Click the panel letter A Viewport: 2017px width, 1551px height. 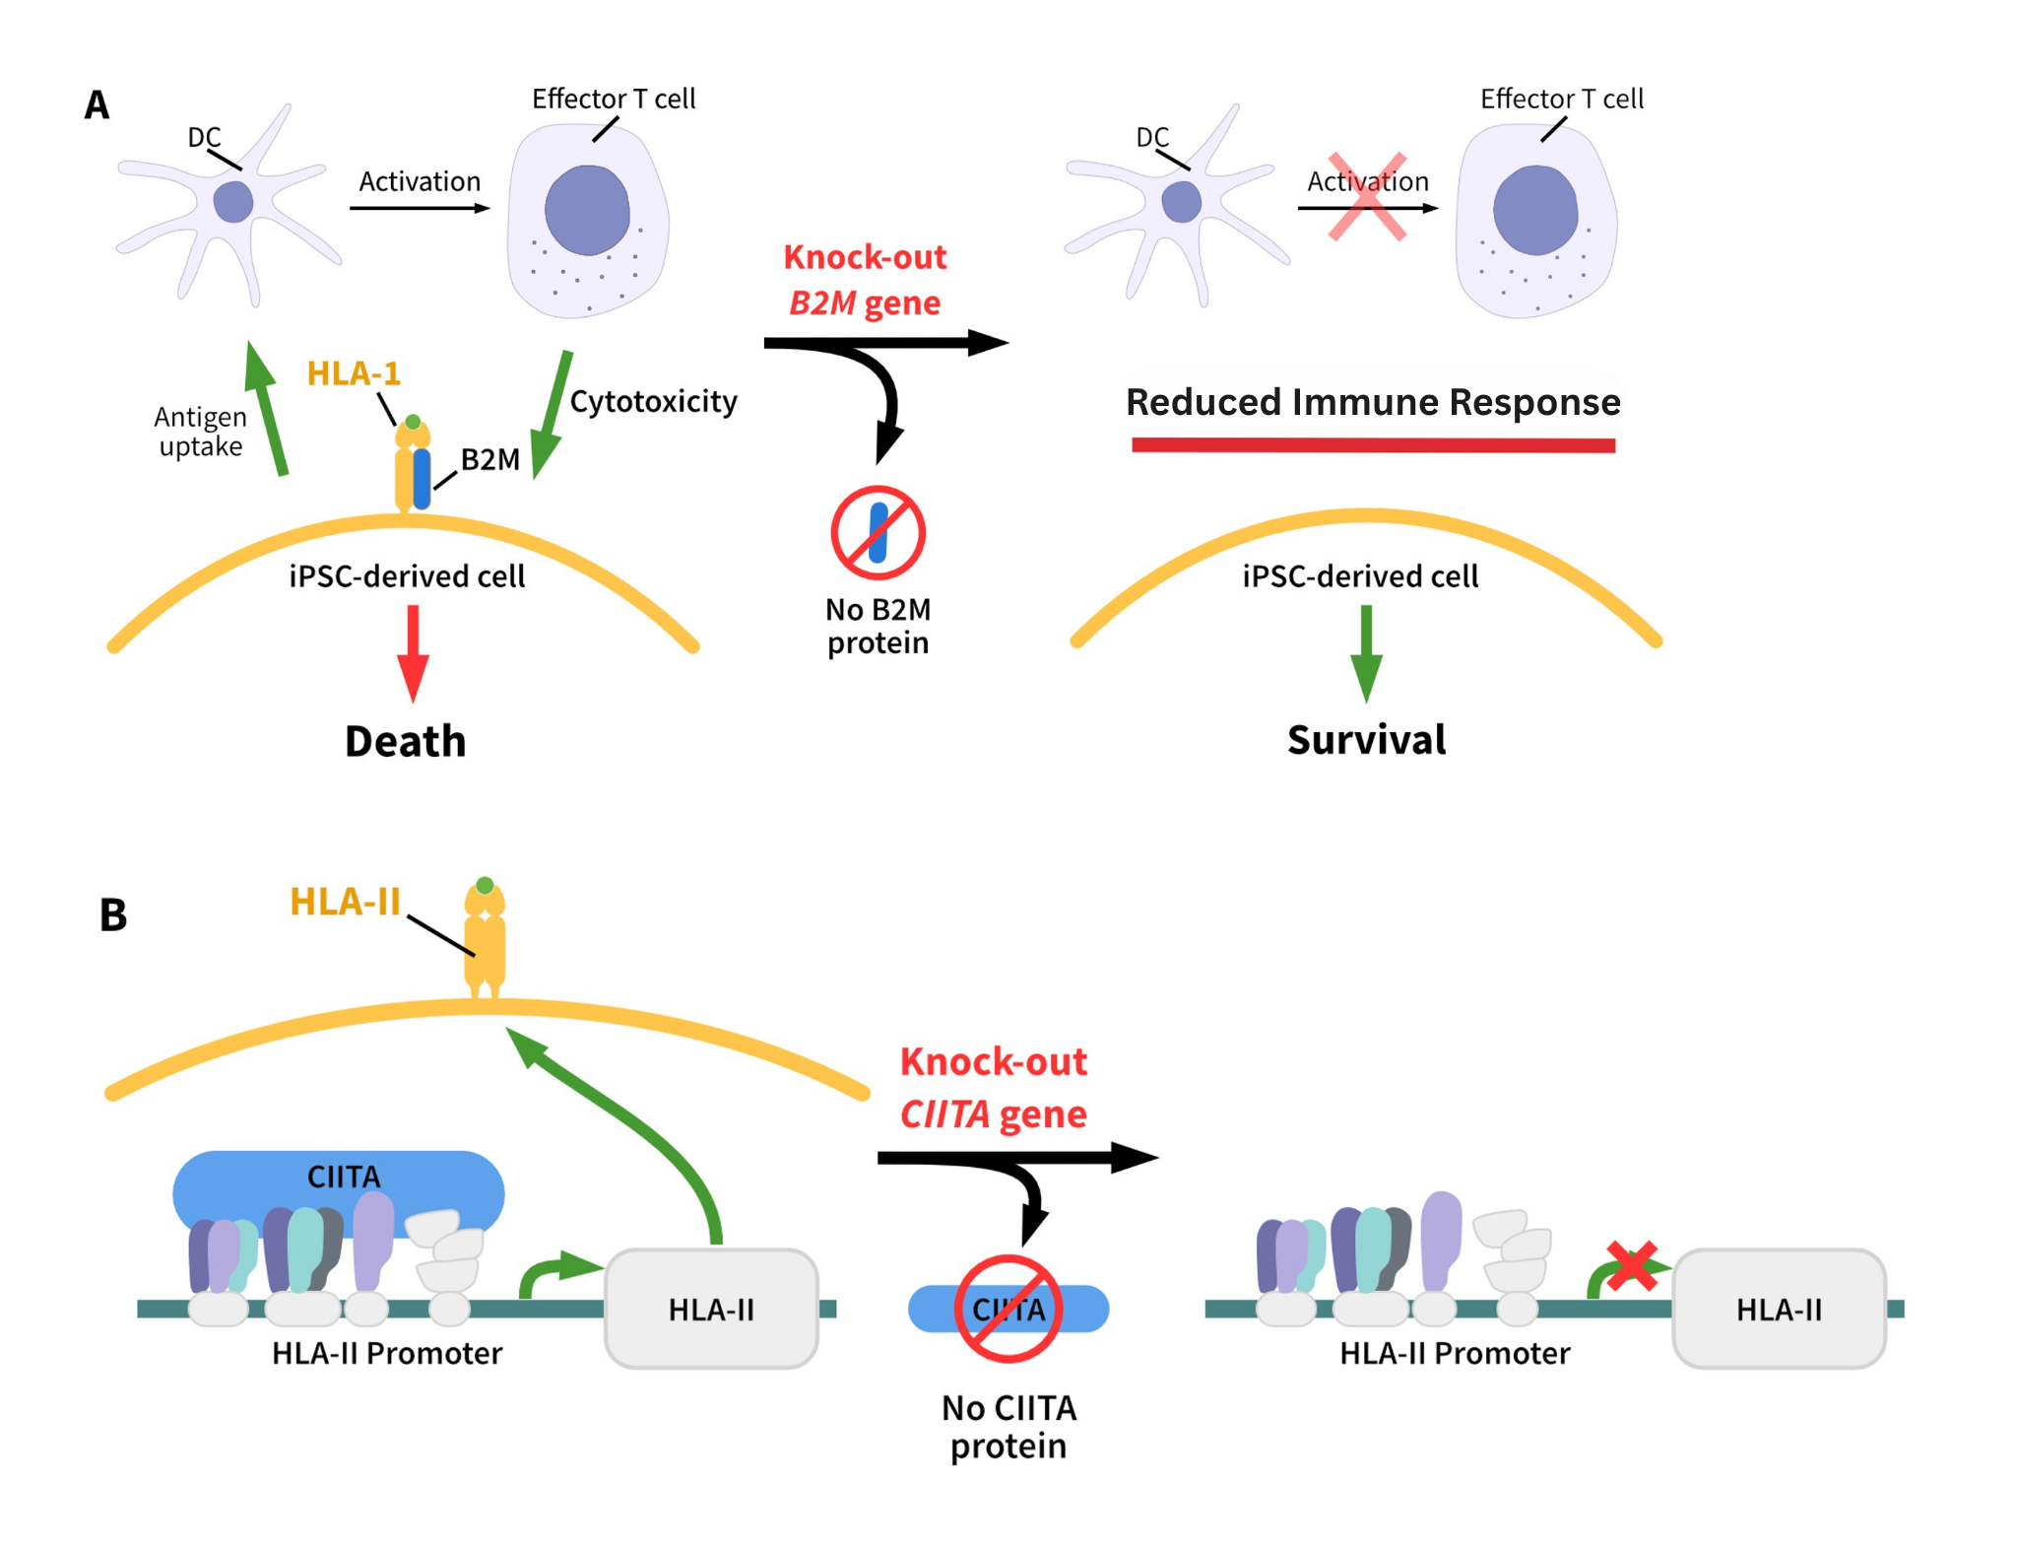pos(96,105)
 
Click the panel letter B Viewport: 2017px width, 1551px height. pos(113,914)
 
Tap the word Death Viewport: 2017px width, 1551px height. pos(405,741)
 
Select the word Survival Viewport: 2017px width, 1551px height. pos(1366,740)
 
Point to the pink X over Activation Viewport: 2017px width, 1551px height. pos(1367,197)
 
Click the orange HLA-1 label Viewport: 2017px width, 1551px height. pos(354,373)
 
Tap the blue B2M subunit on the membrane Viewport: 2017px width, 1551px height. pos(423,479)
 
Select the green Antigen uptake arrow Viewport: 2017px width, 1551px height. pos(267,409)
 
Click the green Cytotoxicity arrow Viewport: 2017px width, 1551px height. pos(552,414)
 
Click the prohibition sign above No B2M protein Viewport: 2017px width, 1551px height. pos(878,532)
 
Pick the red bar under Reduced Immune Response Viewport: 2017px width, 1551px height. pos(1373,445)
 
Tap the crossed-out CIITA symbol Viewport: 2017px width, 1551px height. pos(1008,1309)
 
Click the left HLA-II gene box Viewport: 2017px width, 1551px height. pos(711,1309)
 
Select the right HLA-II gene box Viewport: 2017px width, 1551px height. pos(1779,1309)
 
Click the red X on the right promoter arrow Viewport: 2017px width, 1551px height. pos(1632,1265)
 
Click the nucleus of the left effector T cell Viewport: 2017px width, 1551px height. pos(587,210)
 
